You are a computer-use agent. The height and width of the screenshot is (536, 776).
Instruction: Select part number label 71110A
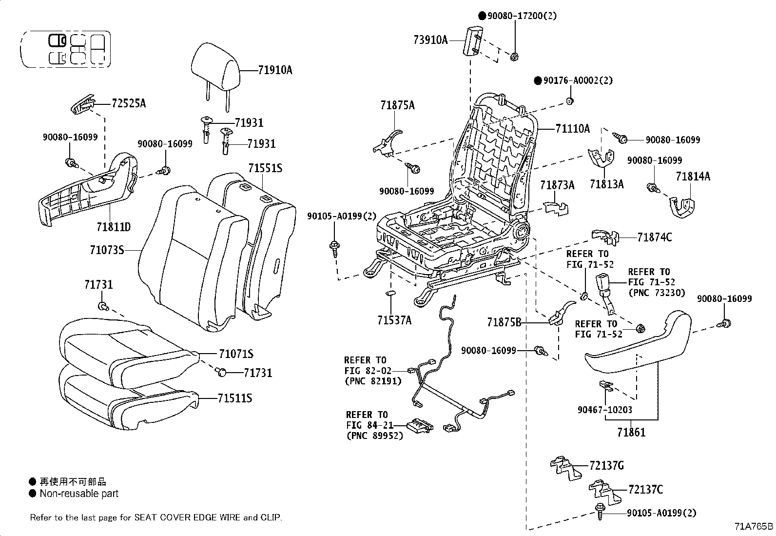pyautogui.click(x=572, y=129)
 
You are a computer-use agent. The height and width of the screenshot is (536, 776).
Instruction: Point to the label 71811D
pyautogui.click(x=114, y=227)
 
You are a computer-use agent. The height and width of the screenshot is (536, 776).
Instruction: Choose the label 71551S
pyautogui.click(x=265, y=168)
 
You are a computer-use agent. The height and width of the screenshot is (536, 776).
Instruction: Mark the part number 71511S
pyautogui.click(x=235, y=398)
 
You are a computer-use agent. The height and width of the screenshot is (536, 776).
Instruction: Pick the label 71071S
pyautogui.click(x=236, y=354)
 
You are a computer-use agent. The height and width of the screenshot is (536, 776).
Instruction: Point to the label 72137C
pyautogui.click(x=645, y=489)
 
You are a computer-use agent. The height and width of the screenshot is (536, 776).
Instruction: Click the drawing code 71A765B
pyautogui.click(x=754, y=527)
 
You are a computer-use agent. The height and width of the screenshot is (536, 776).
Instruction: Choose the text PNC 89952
pyautogui.click(x=375, y=436)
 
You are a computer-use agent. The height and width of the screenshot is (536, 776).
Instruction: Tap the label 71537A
pyautogui.click(x=394, y=320)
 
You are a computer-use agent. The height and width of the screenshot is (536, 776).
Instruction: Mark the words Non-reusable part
pyautogui.click(x=79, y=494)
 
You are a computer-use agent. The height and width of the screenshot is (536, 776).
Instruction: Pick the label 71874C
pyautogui.click(x=655, y=237)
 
